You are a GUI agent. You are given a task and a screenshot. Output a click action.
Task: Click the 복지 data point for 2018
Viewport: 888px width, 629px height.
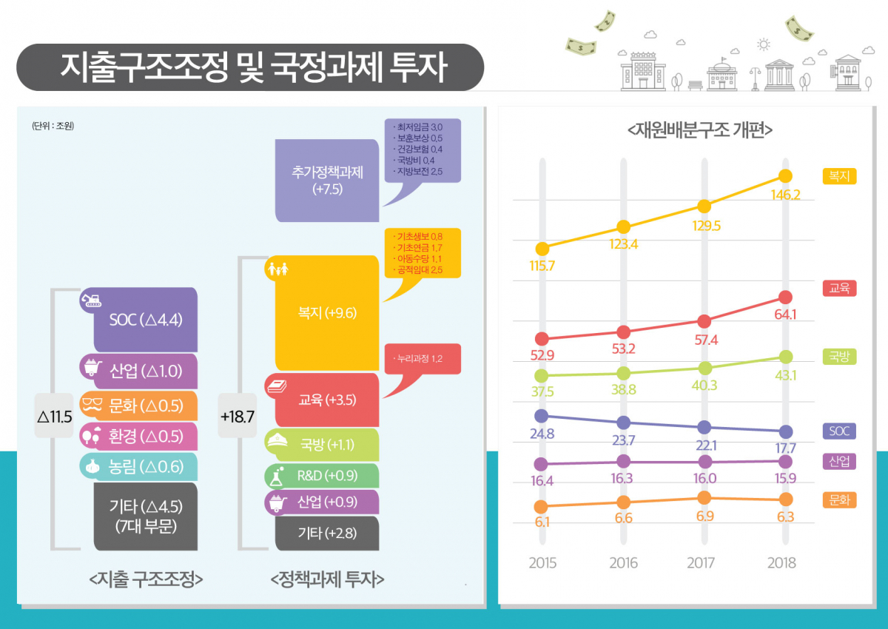pyautogui.click(x=786, y=176)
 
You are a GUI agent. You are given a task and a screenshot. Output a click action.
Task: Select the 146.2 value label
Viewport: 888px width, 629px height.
pyautogui.click(x=786, y=196)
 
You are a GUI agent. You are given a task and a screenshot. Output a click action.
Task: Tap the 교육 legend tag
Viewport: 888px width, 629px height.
pyautogui.click(x=839, y=289)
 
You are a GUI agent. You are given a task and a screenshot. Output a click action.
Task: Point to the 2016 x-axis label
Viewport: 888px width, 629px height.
pyautogui.click(x=623, y=563)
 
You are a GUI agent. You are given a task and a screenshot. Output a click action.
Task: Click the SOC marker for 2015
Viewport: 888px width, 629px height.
pyautogui.click(x=542, y=416)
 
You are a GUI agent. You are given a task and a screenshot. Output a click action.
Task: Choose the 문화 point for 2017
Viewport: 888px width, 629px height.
pyautogui.click(x=704, y=497)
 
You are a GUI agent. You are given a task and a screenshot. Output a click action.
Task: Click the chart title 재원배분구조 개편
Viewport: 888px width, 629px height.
pyautogui.click(x=699, y=129)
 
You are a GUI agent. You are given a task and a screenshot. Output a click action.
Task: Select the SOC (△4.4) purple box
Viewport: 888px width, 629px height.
pyautogui.click(x=146, y=320)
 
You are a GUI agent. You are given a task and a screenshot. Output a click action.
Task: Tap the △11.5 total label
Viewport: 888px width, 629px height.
pyautogui.click(x=54, y=416)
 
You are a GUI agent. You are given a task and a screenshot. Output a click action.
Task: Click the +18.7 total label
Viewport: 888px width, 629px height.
pyautogui.click(x=237, y=416)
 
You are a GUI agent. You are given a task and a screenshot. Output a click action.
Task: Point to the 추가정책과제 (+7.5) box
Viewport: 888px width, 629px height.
pyautogui.click(x=326, y=181)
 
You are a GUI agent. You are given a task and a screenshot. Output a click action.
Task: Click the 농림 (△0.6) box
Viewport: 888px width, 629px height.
pyautogui.click(x=146, y=467)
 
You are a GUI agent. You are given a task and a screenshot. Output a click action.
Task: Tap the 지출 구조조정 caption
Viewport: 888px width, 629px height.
pyautogui.click(x=145, y=579)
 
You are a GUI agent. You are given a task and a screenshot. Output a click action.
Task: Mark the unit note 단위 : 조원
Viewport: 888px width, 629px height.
pyautogui.click(x=53, y=126)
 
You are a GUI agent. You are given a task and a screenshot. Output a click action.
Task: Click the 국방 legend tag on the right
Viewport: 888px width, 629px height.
pyautogui.click(x=839, y=357)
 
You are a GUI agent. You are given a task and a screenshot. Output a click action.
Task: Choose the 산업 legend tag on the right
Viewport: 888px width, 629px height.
pyautogui.click(x=839, y=462)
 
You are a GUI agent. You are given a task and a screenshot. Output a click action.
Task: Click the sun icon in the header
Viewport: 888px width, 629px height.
pyautogui.click(x=764, y=45)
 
